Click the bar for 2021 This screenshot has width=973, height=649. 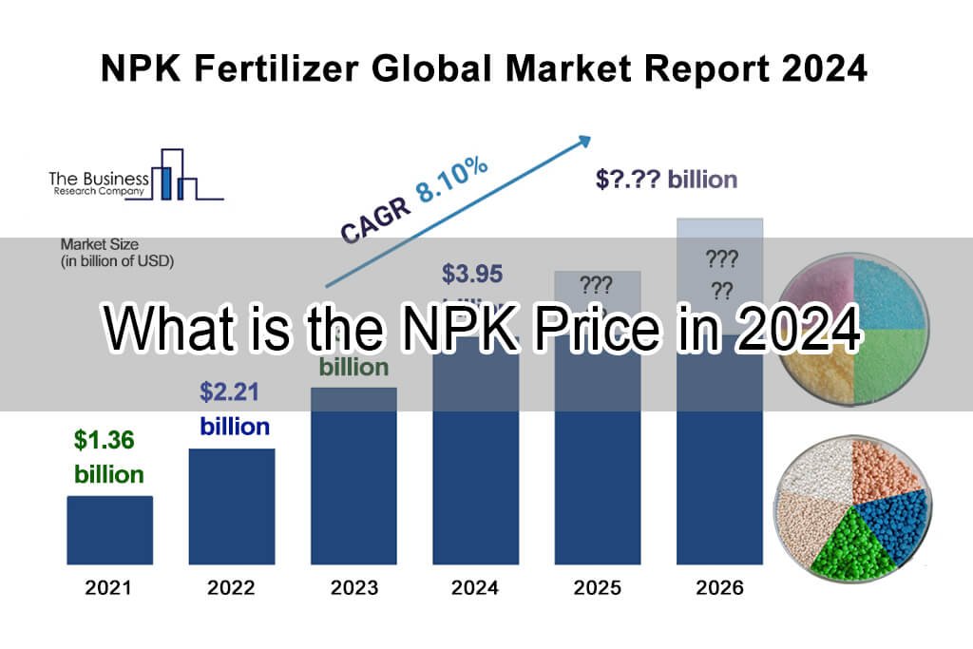(109, 529)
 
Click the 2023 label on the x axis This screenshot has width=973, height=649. (354, 588)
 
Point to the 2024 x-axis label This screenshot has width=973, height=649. (475, 588)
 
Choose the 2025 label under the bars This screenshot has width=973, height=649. (598, 588)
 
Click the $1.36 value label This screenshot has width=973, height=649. (105, 440)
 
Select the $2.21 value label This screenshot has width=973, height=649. (229, 391)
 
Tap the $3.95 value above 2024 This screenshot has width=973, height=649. (472, 274)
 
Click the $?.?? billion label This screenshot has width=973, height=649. (666, 179)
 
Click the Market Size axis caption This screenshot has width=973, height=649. (117, 251)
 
